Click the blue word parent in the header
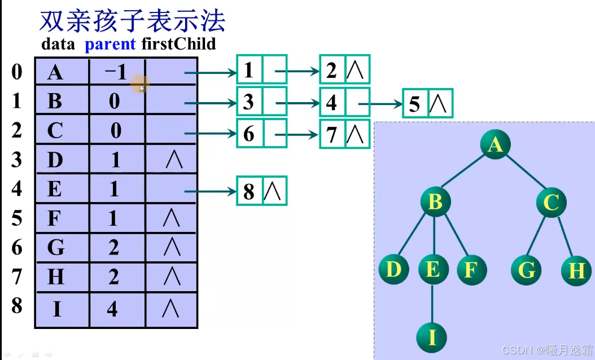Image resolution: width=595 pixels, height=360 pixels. (x=110, y=45)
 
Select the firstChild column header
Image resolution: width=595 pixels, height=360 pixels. (x=179, y=44)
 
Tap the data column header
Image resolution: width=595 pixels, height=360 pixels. (x=58, y=45)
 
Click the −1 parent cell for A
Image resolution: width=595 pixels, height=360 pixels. (x=115, y=72)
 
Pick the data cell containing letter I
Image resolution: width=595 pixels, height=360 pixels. (x=56, y=309)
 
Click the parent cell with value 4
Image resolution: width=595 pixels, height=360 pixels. (x=112, y=309)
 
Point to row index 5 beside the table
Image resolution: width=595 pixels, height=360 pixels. (x=17, y=218)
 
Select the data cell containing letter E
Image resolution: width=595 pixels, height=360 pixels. (x=55, y=188)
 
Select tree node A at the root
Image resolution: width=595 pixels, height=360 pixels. (x=495, y=145)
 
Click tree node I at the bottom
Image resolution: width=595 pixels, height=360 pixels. (x=432, y=337)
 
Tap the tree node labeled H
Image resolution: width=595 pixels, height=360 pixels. (x=576, y=271)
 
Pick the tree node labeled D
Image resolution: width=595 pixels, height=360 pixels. (x=393, y=270)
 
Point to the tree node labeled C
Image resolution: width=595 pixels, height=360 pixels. (x=551, y=201)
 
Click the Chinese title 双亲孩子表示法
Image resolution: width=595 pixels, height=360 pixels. (x=132, y=21)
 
